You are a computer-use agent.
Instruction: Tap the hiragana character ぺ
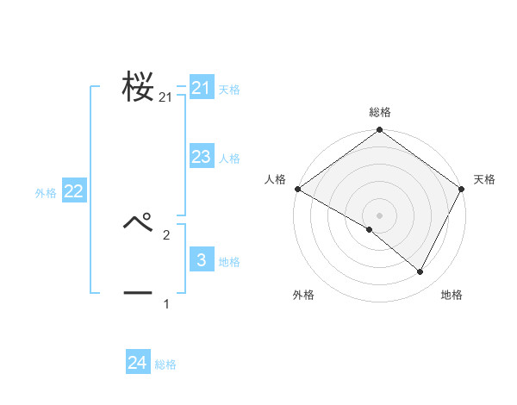(x=139, y=222)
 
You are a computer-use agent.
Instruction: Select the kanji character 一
(x=139, y=293)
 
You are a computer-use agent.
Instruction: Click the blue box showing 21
(x=202, y=88)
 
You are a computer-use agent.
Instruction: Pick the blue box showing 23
(x=202, y=157)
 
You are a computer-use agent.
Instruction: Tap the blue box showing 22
(x=73, y=191)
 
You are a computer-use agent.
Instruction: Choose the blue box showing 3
(x=202, y=260)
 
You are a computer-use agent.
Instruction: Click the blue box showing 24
(x=138, y=363)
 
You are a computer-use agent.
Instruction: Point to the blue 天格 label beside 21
(x=229, y=90)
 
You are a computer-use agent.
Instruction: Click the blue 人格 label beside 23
(x=229, y=159)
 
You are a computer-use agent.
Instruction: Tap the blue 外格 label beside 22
(x=46, y=193)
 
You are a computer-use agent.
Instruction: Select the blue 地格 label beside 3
(x=229, y=262)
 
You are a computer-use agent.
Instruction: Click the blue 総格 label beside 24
(x=165, y=364)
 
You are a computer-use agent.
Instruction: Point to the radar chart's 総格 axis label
(x=379, y=112)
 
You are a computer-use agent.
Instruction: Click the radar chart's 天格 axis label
(x=484, y=179)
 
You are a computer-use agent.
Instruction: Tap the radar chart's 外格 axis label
(x=303, y=295)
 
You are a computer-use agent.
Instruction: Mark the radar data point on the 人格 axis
(x=297, y=189)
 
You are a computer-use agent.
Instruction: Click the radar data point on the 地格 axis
(x=420, y=272)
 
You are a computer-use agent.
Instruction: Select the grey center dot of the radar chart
(x=379, y=215)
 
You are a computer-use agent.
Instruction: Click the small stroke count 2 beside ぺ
(x=166, y=234)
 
